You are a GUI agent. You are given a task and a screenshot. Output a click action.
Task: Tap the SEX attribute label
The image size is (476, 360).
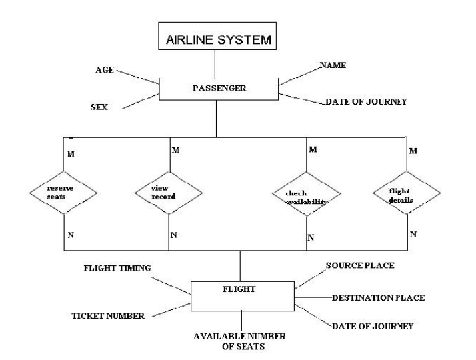pyautogui.click(x=100, y=107)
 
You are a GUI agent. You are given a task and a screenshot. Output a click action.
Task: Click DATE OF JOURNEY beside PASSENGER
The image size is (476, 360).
pyautogui.click(x=365, y=102)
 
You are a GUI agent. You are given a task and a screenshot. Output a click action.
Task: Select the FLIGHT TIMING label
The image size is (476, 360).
pyautogui.click(x=117, y=269)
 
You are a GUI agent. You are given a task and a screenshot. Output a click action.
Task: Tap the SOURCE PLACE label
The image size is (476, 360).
pyautogui.click(x=359, y=265)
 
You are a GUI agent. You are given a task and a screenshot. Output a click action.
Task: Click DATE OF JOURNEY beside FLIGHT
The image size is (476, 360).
pyautogui.click(x=373, y=326)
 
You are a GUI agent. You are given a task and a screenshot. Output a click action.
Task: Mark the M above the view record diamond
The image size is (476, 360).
pyautogui.click(x=175, y=150)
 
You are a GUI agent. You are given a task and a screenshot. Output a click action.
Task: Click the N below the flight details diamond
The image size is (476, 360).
pyautogui.click(x=413, y=235)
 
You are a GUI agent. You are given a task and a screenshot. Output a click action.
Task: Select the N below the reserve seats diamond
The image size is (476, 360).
pyautogui.click(x=71, y=235)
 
